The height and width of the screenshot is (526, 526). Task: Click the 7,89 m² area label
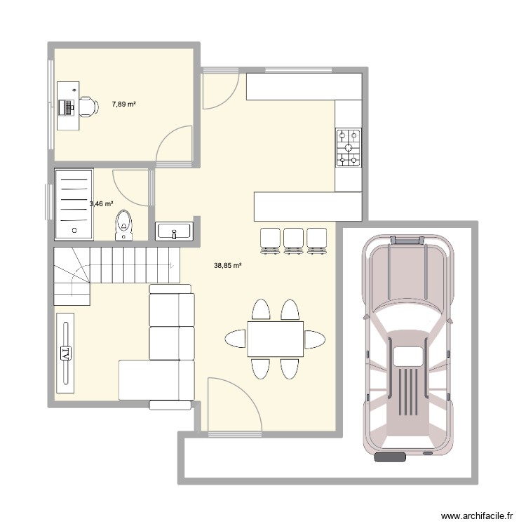tap(123, 104)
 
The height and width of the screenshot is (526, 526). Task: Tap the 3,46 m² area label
tap(101, 204)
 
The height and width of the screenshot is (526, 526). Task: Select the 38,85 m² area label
tap(228, 266)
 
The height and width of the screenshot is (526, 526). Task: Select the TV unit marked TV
tap(65, 353)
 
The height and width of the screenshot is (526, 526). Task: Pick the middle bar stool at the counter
tap(293, 239)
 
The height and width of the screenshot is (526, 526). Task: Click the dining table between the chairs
tap(274, 339)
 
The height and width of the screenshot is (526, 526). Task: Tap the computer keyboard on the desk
tap(69, 107)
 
